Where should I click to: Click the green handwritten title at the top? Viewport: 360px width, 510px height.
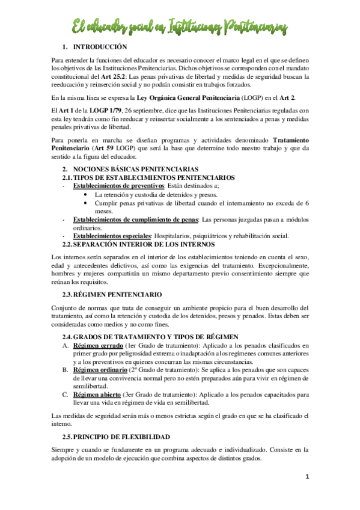[180, 26]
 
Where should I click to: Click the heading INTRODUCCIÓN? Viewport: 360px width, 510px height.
[100, 46]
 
